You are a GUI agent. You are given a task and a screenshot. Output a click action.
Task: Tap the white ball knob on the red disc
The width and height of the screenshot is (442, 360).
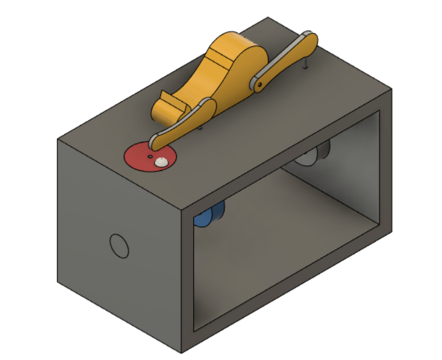click(161, 162)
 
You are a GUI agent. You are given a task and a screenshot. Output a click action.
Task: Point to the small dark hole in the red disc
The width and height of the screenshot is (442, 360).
click(150, 156)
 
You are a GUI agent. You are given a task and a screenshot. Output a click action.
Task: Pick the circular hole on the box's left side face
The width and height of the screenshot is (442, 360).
click(119, 246)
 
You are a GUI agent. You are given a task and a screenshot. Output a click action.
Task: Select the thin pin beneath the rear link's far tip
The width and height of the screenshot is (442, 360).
click(306, 63)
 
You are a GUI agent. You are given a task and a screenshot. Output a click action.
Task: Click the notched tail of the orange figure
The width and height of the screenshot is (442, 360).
click(168, 104)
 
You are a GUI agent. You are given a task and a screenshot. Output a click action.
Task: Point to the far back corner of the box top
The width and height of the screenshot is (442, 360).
click(269, 17)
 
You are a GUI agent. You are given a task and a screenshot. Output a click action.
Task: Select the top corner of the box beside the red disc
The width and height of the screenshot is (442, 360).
click(58, 140)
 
